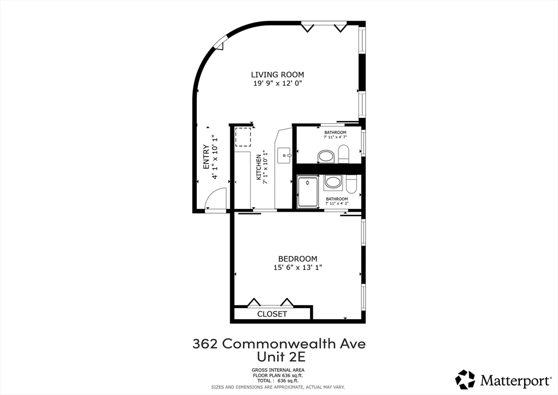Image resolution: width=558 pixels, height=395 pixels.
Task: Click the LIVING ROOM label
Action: [x=277, y=75]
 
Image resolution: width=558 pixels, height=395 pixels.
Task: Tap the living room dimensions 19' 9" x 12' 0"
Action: [x=277, y=83]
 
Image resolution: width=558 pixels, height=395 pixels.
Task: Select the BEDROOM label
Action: [x=298, y=259]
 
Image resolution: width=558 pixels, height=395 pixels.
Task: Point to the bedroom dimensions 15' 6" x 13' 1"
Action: [x=298, y=267]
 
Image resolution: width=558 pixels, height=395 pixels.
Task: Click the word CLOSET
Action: [x=272, y=314]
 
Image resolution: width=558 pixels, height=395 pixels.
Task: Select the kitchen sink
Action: [x=284, y=155]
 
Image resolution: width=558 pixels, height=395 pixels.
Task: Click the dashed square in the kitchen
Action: [x=243, y=137]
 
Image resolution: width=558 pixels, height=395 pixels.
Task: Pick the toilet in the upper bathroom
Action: [x=344, y=154]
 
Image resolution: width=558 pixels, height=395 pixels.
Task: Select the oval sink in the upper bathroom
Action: [x=326, y=157]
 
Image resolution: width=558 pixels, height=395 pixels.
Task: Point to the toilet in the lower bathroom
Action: [x=352, y=184]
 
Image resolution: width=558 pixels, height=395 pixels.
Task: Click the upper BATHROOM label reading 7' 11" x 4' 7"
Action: [x=335, y=133]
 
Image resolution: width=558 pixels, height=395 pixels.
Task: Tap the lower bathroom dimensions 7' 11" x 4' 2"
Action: [x=337, y=204]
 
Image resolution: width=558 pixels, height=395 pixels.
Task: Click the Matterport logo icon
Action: [x=465, y=379]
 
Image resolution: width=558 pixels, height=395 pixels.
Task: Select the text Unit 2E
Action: [x=278, y=357]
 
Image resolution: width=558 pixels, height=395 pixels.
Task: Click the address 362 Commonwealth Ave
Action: [x=279, y=344]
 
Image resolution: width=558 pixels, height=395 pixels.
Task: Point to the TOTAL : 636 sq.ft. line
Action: [x=278, y=380]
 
